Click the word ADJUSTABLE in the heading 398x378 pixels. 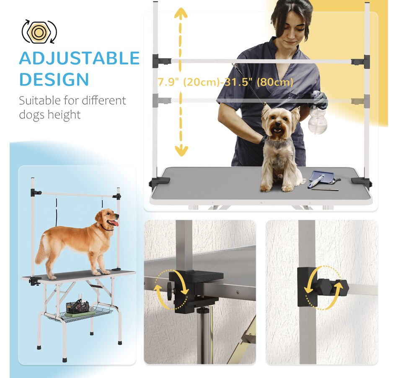coord(79,59)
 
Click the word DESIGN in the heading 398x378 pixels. coord(54,80)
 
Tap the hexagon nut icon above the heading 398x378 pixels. coord(39,32)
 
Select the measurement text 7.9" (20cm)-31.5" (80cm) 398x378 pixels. coord(225,82)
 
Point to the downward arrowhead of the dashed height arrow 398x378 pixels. coord(181,151)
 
